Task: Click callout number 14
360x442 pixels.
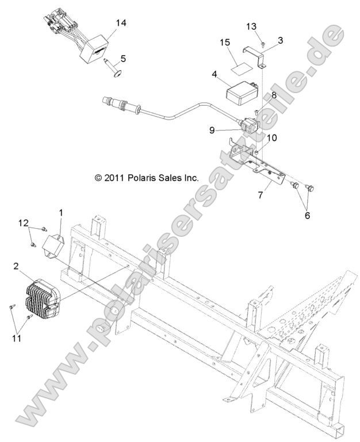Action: (121, 23)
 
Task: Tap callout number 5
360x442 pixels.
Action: (122, 58)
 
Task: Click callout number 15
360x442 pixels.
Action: (225, 42)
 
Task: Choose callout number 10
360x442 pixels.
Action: (272, 138)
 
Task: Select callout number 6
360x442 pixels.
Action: (307, 216)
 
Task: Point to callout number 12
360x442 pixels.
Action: (22, 222)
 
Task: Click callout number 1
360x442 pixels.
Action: (61, 214)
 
